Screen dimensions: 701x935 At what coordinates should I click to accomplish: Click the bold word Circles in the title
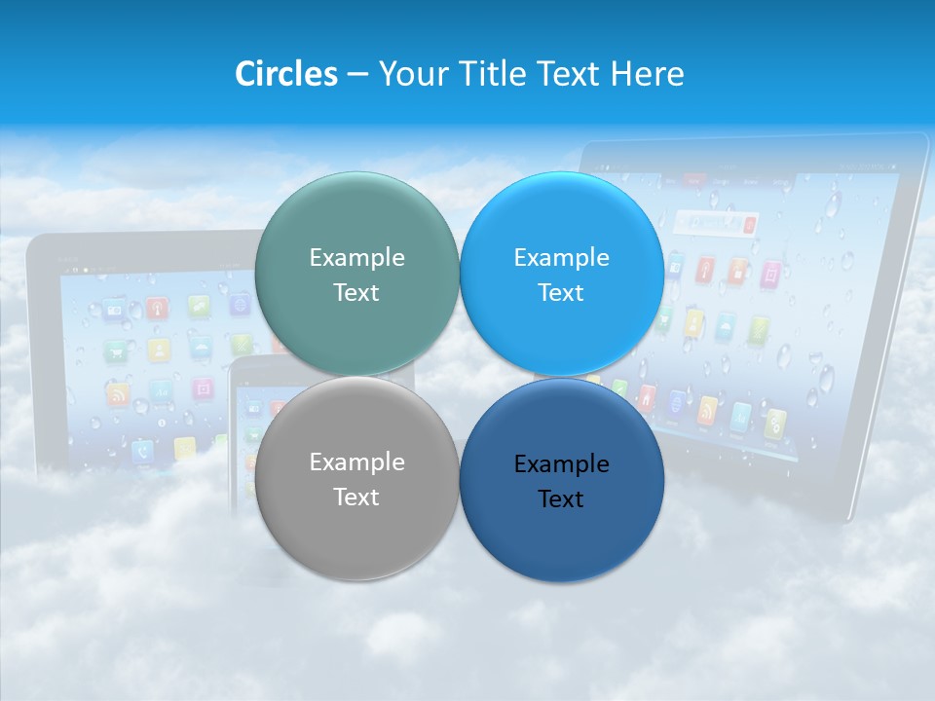click(x=286, y=74)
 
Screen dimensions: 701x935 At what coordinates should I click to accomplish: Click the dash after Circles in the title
click(x=357, y=75)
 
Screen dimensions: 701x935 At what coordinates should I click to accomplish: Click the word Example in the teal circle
click(x=356, y=258)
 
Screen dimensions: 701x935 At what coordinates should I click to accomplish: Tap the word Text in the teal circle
click(x=356, y=293)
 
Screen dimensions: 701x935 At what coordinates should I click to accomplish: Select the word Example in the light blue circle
click(x=561, y=258)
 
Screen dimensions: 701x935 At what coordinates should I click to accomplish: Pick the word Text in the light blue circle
click(x=561, y=293)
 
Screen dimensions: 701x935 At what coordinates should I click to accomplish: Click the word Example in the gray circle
click(x=356, y=462)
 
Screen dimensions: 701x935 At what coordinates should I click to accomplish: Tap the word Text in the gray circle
click(x=356, y=498)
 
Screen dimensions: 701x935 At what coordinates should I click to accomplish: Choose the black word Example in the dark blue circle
click(x=561, y=464)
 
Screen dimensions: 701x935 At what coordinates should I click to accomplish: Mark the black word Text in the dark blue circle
click(x=561, y=499)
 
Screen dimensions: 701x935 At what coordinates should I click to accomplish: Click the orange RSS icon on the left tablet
click(x=118, y=395)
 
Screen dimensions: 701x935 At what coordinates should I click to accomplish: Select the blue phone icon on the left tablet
click(x=142, y=451)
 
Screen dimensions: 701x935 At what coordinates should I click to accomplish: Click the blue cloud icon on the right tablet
click(x=726, y=327)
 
